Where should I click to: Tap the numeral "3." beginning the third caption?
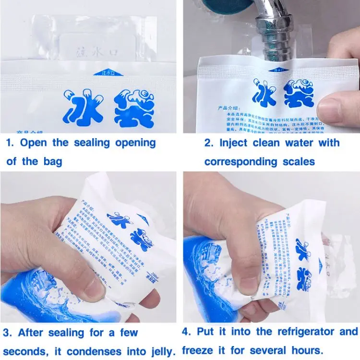[8, 332]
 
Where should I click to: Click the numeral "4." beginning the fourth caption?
[188, 332]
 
